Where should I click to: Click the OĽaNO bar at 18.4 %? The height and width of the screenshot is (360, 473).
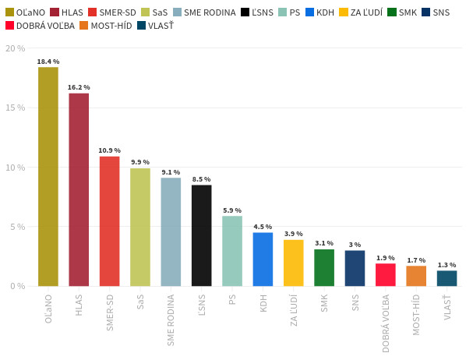point(48,177)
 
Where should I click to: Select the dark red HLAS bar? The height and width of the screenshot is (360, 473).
point(79,190)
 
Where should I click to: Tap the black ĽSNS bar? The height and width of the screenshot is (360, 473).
point(201,235)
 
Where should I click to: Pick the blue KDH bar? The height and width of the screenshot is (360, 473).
point(263,259)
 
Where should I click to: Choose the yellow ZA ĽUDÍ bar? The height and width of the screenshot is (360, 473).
point(294,263)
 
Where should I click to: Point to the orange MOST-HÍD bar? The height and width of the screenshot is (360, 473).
point(416,276)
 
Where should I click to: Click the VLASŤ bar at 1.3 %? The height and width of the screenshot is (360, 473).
point(447,278)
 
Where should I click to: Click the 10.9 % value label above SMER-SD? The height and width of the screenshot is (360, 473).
point(109,150)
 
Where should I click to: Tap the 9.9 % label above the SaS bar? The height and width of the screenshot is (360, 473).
point(140,162)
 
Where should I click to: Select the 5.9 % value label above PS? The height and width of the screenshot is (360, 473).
point(232,210)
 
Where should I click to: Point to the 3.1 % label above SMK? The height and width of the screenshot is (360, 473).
point(324,243)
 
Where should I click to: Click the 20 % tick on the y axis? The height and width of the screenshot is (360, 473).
point(16,48)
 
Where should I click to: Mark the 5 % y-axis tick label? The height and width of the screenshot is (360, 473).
point(18,227)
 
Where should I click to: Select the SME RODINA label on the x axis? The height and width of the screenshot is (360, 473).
point(171,319)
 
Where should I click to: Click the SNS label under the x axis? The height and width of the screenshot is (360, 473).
point(355,302)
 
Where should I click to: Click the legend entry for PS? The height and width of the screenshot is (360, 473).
point(289,12)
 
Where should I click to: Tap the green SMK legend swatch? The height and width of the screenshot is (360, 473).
point(391,12)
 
